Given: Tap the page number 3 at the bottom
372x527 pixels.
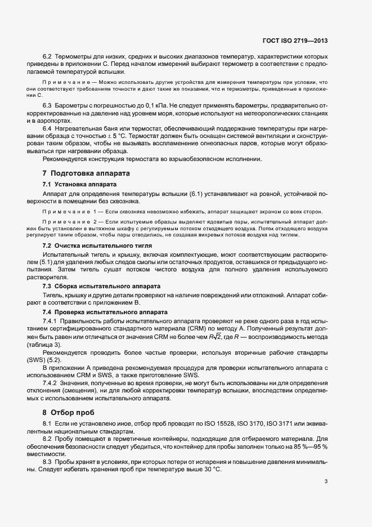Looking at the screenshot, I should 326,481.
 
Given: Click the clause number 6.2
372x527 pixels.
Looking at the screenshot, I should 47,57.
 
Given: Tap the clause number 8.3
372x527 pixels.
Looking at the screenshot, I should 47,461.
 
